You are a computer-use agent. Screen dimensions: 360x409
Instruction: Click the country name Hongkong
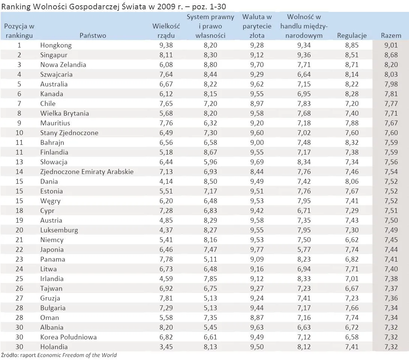(x=56, y=45)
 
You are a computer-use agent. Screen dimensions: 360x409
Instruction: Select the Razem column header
(x=391, y=36)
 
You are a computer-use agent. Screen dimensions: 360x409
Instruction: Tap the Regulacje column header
(x=352, y=36)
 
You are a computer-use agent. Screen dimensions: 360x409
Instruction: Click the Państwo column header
(x=93, y=36)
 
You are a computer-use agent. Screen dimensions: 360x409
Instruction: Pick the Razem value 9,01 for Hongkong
(x=391, y=45)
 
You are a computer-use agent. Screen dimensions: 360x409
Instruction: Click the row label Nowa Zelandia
(x=63, y=65)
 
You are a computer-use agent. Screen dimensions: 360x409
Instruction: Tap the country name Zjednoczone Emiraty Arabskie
(x=87, y=172)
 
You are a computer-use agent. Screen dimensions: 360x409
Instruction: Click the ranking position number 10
(x=19, y=133)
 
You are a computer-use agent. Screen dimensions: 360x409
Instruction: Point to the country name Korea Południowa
(x=69, y=337)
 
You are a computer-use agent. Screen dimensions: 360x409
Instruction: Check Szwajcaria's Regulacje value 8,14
(x=352, y=74)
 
